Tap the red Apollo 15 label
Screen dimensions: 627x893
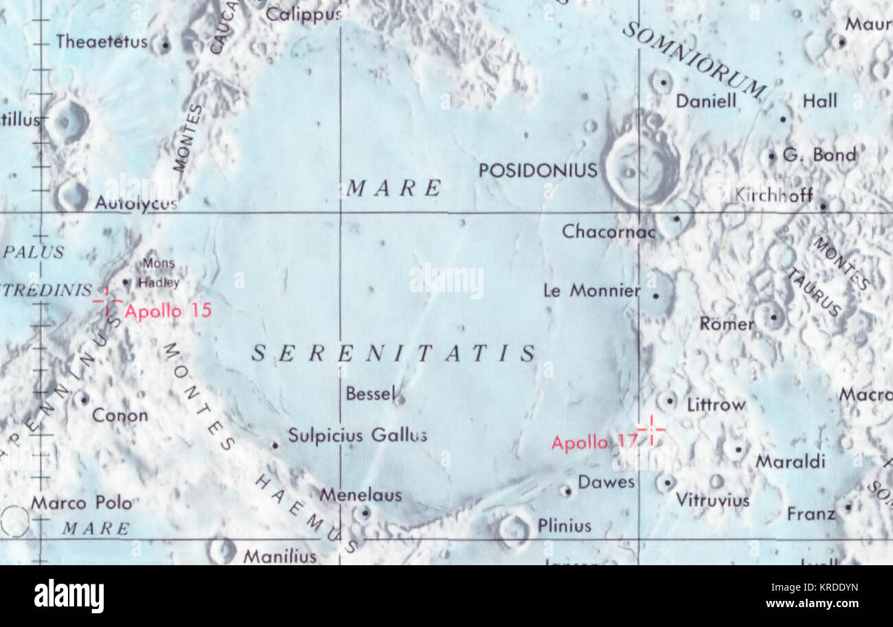[168, 311]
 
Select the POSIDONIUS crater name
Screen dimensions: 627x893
[538, 170]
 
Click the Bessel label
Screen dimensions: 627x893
[371, 394]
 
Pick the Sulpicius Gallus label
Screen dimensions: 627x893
[357, 435]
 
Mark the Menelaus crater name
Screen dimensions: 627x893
[361, 494]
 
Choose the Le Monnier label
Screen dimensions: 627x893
[591, 290]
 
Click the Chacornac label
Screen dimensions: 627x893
[609, 231]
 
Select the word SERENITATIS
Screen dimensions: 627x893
[394, 354]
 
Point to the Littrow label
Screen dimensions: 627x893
[716, 405]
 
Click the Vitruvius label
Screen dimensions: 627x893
[712, 500]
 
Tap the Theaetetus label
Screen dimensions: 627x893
[102, 42]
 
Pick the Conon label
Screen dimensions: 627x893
[120, 415]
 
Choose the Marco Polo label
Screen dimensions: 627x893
[81, 503]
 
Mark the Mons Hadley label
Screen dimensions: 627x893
[159, 273]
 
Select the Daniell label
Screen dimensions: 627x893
[705, 102]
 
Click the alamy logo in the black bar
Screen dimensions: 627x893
[69, 595]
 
